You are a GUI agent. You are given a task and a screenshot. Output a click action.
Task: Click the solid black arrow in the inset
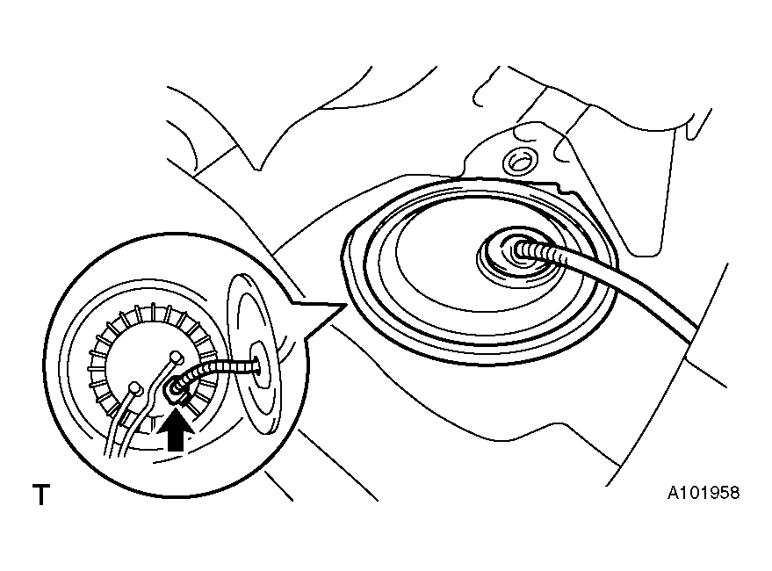coord(176,432)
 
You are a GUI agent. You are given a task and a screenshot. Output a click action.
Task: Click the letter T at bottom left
coord(41,495)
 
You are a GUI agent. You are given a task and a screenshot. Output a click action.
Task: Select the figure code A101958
coord(703,493)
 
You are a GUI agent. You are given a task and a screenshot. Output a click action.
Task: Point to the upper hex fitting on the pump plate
coord(176,357)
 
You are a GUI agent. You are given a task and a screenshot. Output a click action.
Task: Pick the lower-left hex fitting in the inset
coord(134,388)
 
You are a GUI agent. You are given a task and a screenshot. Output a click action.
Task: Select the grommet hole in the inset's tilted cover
coord(260,365)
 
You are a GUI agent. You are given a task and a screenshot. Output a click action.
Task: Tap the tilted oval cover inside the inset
coord(254,354)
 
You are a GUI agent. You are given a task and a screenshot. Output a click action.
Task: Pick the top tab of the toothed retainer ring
coord(154,310)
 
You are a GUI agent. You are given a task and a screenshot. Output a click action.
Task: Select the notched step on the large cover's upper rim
coord(564,188)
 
